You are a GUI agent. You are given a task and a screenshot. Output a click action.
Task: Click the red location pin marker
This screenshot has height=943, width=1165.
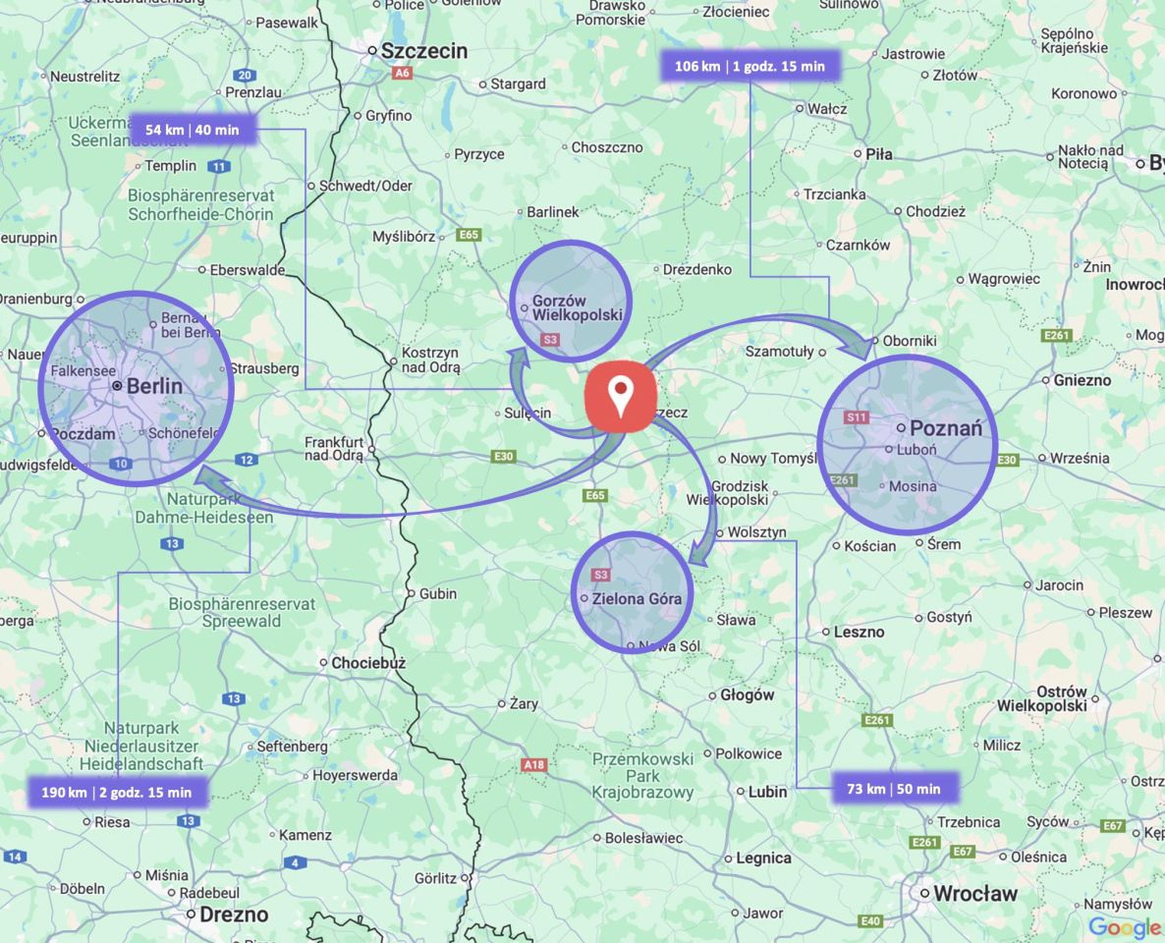click(620, 396)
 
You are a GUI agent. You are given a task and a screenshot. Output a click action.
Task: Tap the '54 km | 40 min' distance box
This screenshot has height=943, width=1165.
click(193, 129)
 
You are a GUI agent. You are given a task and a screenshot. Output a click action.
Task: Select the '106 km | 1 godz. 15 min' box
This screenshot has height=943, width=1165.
click(749, 66)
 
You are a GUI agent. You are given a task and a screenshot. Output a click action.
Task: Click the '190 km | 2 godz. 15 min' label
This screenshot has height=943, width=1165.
click(117, 792)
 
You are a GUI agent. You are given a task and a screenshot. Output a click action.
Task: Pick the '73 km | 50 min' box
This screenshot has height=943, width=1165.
click(894, 789)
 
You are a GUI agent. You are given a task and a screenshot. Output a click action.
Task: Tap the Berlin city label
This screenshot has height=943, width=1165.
click(154, 386)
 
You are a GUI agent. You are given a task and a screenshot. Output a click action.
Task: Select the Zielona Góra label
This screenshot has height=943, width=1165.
click(637, 598)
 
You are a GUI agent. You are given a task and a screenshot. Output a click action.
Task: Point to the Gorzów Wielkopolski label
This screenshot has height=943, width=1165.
click(578, 307)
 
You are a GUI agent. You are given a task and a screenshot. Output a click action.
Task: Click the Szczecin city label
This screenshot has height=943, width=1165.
click(424, 51)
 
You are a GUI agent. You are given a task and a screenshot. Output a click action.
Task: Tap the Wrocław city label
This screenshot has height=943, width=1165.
click(974, 894)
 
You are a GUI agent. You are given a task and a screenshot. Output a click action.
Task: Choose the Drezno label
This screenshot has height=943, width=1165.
click(233, 915)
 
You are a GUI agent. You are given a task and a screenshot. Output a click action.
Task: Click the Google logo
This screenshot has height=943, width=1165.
click(1125, 927)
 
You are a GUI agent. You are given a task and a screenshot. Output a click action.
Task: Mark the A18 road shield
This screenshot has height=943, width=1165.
click(534, 764)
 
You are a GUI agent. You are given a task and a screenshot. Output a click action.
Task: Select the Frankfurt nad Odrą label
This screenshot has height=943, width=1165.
click(334, 449)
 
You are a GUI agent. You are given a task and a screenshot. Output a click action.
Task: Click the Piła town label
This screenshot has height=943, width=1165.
click(878, 153)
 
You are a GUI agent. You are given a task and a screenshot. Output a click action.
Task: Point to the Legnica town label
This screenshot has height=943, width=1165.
click(763, 858)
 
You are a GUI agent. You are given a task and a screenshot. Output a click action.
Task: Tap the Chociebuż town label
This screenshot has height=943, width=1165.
click(367, 663)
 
